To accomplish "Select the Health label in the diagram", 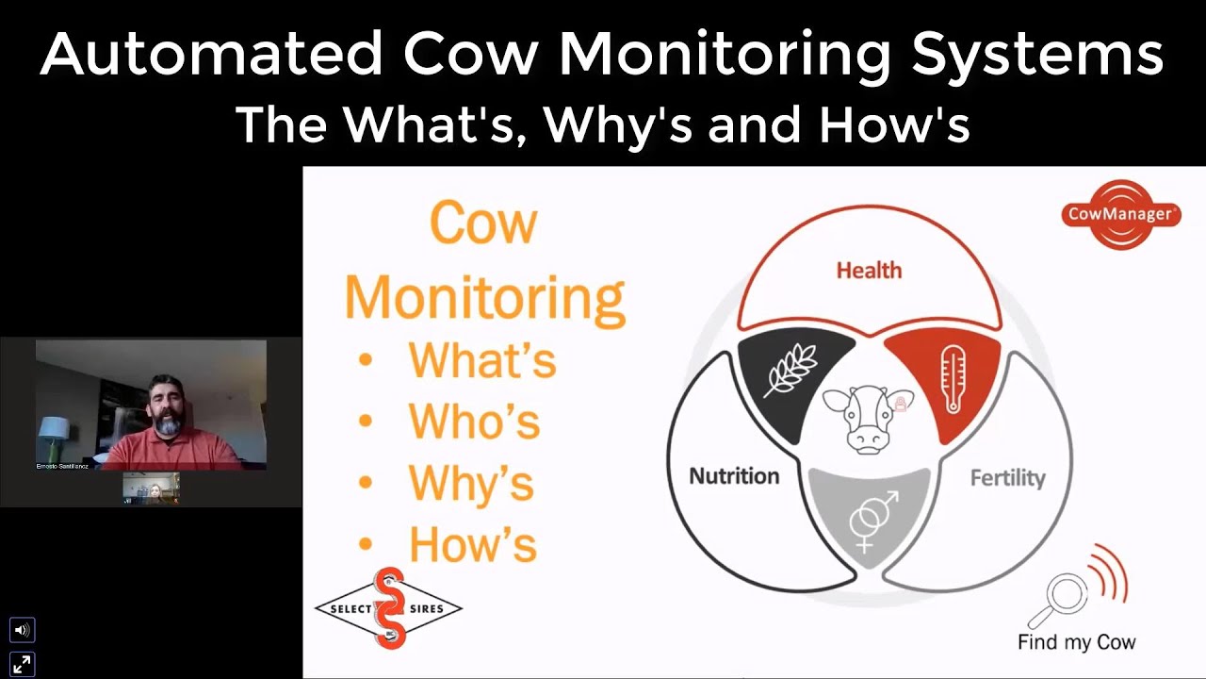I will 869,271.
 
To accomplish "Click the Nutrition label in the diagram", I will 734,475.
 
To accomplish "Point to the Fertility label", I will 1007,478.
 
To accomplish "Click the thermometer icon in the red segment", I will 952,377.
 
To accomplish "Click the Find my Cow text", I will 1076,642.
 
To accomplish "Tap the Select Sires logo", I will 388,608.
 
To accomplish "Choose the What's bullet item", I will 481,360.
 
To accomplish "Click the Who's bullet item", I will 474,422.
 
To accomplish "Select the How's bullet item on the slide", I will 472,544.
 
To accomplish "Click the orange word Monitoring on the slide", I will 484,296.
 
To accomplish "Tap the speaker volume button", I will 22,630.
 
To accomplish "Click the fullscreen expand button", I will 22,663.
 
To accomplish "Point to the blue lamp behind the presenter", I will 53,428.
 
